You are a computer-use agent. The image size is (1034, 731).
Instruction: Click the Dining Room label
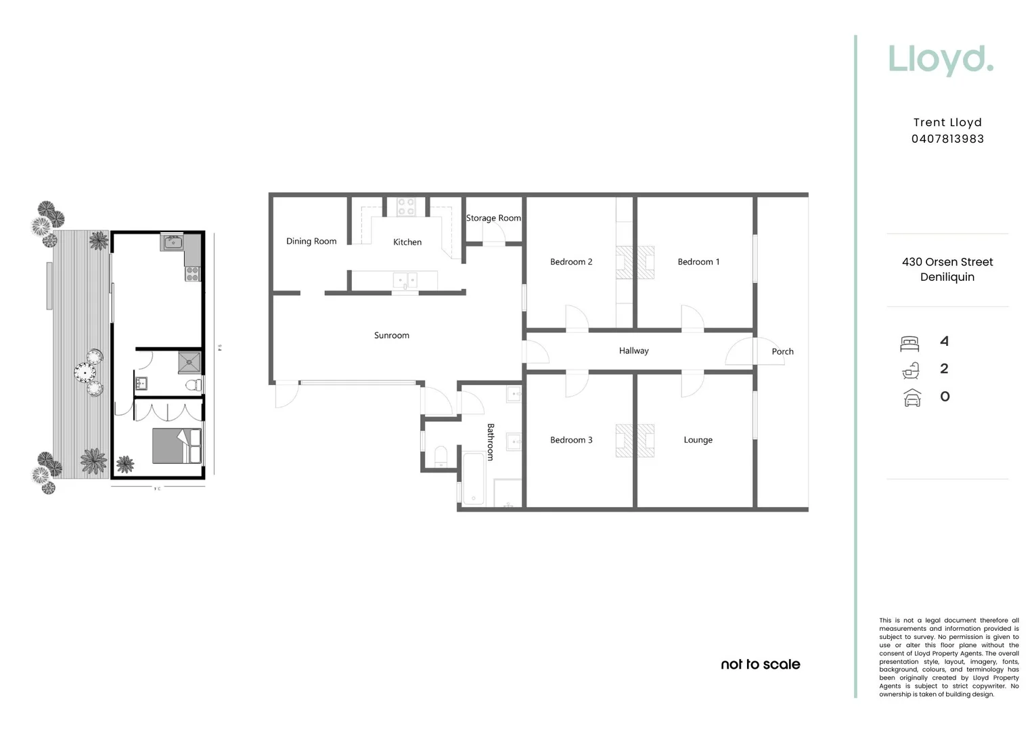[x=311, y=242]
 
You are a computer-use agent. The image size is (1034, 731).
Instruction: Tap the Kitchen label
[x=407, y=242]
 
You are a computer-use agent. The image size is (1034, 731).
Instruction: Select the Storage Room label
[x=493, y=218]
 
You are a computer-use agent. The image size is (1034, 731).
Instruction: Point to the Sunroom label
[x=392, y=336]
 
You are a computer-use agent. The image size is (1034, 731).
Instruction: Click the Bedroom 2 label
[x=571, y=262]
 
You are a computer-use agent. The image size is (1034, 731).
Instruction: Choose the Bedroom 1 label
[x=698, y=262]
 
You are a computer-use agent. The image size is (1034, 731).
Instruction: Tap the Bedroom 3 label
[x=571, y=440]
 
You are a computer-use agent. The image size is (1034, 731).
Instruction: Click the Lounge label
[x=698, y=440]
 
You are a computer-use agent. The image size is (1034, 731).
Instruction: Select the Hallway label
[x=633, y=351]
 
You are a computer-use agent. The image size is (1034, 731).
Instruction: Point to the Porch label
[x=782, y=351]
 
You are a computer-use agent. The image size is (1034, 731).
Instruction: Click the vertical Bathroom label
[x=491, y=442]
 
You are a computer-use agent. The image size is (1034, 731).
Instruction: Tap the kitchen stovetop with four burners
[x=406, y=206]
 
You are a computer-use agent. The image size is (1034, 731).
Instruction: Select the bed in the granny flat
[x=177, y=445]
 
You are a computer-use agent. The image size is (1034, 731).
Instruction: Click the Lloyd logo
[x=941, y=60]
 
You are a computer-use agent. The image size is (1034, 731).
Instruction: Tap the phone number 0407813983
[x=947, y=139]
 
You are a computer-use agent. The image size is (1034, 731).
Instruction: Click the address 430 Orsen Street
[x=947, y=262]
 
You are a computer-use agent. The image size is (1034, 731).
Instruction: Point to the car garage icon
[x=912, y=397]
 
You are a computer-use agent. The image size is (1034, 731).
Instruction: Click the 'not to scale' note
[x=761, y=665]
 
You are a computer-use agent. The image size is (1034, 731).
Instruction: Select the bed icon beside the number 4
[x=910, y=343]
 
